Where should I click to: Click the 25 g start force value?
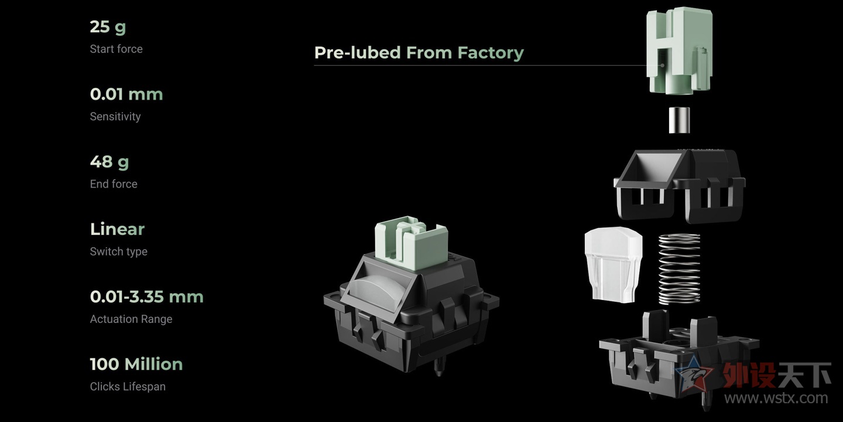point(108,27)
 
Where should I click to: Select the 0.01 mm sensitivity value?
point(126,94)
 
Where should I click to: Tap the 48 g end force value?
point(109,162)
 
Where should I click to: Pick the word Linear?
point(118,229)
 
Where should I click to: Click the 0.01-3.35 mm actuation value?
point(147,297)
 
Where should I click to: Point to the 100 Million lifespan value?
point(136,365)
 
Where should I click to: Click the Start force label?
point(116,49)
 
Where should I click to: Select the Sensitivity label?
point(115,117)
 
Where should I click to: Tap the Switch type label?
point(118,251)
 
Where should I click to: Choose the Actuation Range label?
point(131,319)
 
